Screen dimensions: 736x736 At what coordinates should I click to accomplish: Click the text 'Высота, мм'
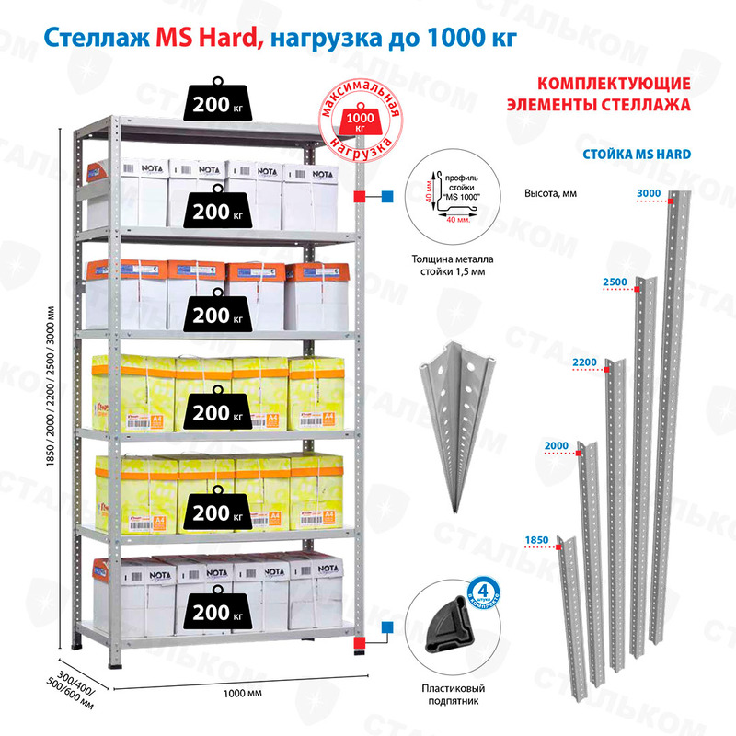point(549,193)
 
